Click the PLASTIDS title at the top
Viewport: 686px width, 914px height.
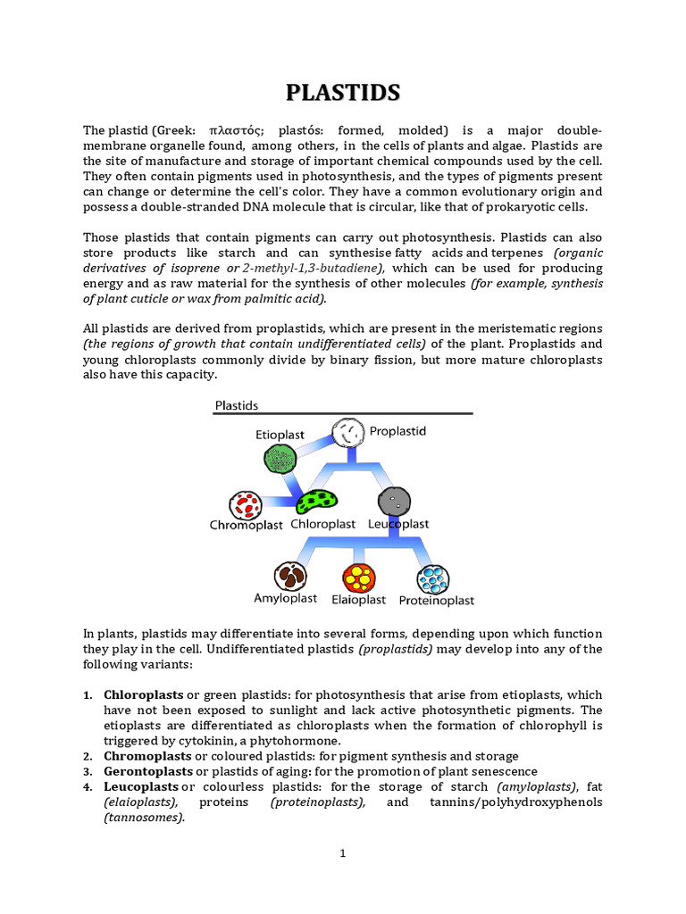343,93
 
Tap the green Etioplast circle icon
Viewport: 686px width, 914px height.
280,459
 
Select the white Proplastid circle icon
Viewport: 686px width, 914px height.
347,434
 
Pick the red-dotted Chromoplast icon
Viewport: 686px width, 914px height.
245,505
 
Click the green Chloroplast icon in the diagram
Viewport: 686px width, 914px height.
317,503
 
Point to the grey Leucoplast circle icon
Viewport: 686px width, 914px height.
395,501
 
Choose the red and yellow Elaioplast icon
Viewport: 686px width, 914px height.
359,577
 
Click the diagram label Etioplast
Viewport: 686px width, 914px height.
280,435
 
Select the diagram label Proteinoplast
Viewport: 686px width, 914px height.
436,601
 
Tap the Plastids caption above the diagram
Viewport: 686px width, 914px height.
237,405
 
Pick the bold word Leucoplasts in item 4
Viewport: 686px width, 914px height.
141,785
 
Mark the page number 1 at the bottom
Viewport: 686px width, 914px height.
342,853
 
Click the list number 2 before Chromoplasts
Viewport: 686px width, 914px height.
88,756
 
